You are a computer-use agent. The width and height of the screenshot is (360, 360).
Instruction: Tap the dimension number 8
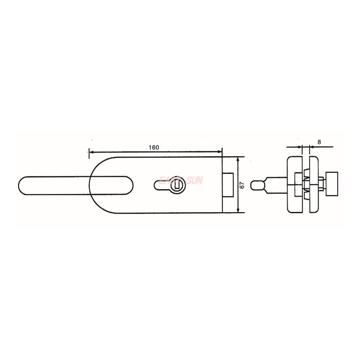pos(319,142)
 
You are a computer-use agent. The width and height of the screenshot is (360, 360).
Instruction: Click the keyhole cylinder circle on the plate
pos(178,184)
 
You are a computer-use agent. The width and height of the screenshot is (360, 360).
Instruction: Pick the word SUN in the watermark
pos(196,180)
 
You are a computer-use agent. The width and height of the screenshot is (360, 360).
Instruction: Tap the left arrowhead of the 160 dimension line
pos(90,152)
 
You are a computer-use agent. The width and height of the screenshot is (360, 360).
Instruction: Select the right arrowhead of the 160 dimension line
pos(220,152)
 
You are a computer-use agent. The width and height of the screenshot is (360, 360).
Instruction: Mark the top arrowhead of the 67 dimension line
pos(238,159)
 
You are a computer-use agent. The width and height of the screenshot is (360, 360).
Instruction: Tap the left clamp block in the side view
pos(295,185)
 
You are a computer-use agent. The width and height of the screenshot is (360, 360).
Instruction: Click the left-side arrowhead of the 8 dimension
pos(300,147)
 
